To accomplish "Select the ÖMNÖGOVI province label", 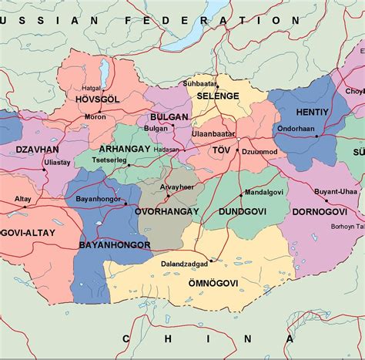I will pyautogui.click(x=213, y=284).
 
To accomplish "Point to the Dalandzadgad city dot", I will pyautogui.click(x=212, y=261).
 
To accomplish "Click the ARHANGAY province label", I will pyautogui.click(x=124, y=147).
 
